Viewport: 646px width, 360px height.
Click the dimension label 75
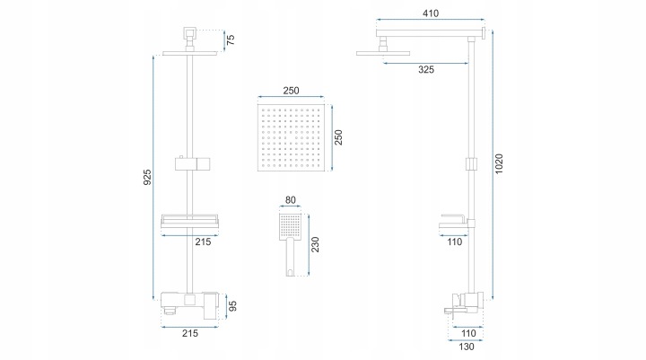[231, 40]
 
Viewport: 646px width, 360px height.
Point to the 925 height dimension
[147, 177]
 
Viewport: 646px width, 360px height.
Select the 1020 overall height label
[499, 163]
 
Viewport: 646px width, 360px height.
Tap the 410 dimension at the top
[431, 13]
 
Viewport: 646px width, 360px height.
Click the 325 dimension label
[426, 70]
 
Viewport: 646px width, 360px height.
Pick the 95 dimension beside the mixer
[232, 306]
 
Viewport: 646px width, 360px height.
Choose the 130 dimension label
[467, 347]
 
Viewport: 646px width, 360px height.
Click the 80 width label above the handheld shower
[291, 200]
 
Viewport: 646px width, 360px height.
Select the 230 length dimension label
[315, 244]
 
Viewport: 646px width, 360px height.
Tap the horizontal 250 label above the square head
[291, 91]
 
